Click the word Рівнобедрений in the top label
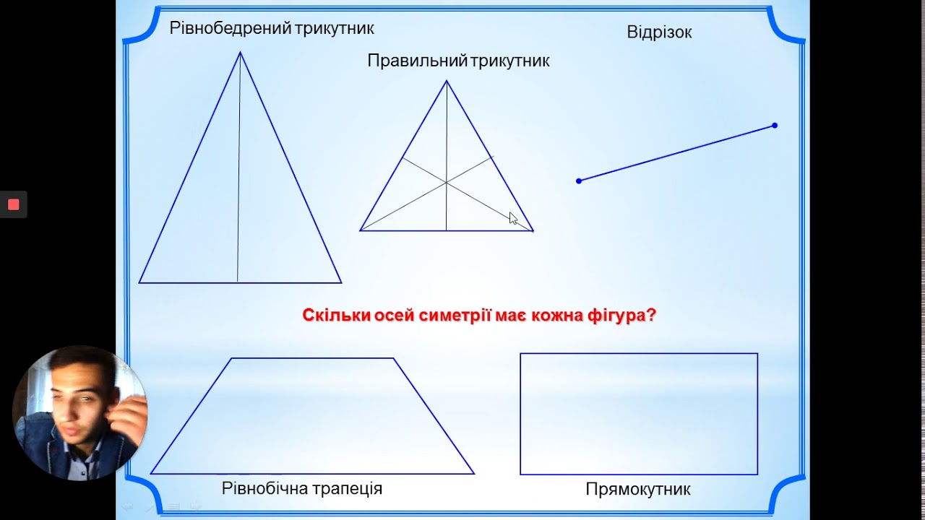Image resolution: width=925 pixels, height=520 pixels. coord(230,28)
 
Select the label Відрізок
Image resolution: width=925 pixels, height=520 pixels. coord(659,32)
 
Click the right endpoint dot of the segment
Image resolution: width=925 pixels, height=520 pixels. coord(775,126)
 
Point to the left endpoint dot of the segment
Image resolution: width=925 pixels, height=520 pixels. coord(579,181)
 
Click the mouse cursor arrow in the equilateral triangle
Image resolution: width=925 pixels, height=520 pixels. coord(513,218)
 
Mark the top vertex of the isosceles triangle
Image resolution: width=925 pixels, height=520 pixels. coord(240,52)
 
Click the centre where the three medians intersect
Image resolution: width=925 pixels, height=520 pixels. coord(447,183)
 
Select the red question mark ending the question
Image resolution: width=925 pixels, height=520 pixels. coord(651,316)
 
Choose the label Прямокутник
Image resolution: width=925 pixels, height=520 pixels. coord(638,490)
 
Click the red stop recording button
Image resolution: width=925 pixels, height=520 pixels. coord(13,204)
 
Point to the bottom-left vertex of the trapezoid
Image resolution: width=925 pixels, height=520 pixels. coord(151,474)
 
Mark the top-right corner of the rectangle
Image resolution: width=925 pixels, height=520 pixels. coord(757,354)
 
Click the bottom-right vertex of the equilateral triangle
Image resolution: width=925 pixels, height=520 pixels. coord(533,231)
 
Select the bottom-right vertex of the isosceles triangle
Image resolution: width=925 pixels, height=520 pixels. coord(341,282)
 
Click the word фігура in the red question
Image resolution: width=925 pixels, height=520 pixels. coord(620,316)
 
